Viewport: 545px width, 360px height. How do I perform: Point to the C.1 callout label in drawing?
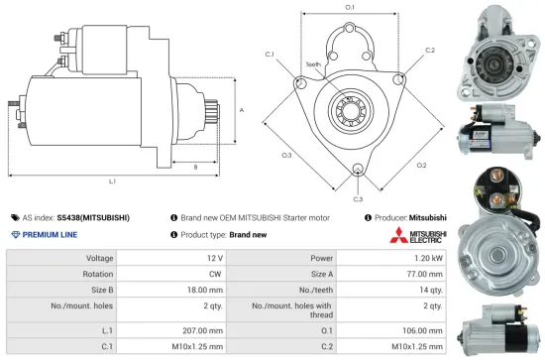271,55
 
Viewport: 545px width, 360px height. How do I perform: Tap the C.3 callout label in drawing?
358,184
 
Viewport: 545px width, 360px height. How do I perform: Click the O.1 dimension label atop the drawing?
350,8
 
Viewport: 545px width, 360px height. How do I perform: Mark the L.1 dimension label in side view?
112,180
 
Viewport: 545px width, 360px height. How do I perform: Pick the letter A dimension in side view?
242,109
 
